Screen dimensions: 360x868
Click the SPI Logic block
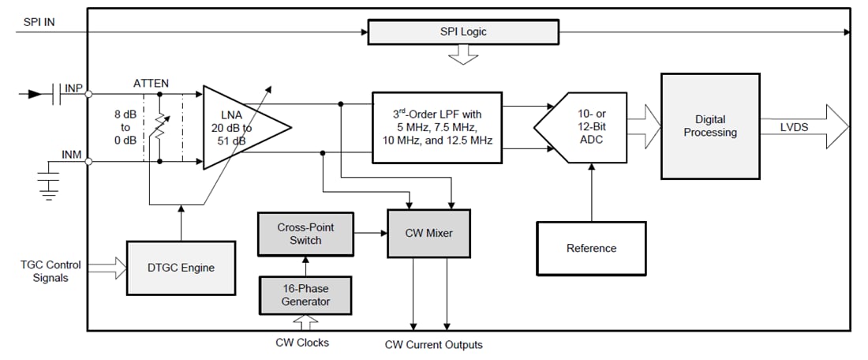tap(463, 32)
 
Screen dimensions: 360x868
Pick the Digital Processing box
tap(709, 127)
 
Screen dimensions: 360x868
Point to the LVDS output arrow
tap(805, 127)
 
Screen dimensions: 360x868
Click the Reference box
tap(591, 248)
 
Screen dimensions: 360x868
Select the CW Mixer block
tap(428, 233)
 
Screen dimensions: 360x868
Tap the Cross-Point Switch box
tap(305, 233)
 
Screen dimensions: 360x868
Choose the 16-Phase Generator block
tap(305, 295)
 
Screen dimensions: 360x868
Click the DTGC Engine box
tap(181, 268)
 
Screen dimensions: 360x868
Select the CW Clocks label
tap(302, 343)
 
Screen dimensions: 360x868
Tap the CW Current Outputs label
tap(433, 344)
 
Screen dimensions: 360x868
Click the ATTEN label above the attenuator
tap(152, 83)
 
